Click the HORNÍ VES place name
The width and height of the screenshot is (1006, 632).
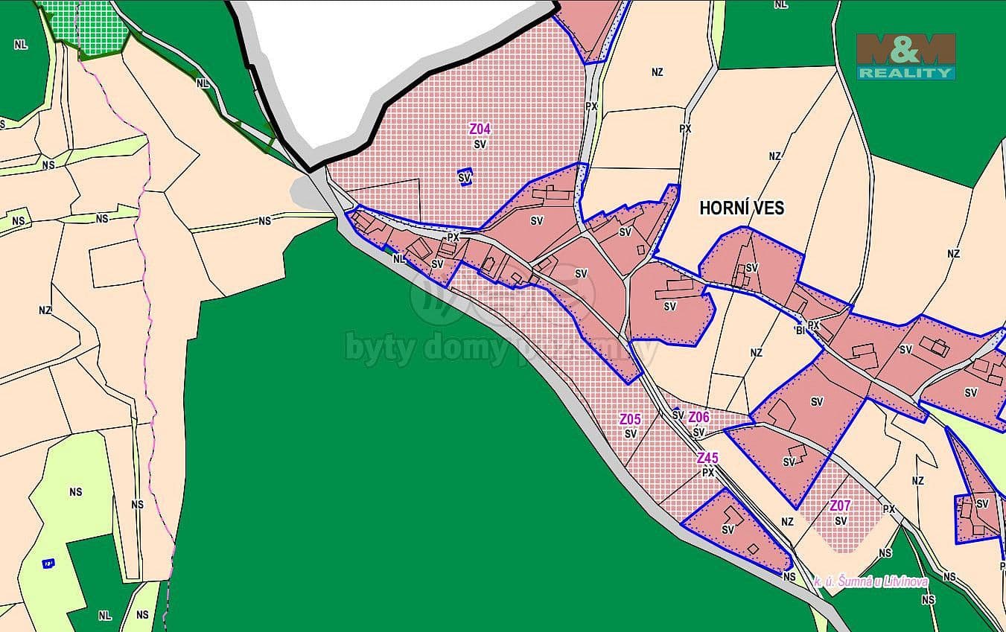click(742, 208)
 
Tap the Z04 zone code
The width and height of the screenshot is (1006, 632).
click(480, 129)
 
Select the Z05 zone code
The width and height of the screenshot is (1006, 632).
click(630, 419)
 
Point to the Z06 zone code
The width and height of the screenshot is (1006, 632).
click(698, 418)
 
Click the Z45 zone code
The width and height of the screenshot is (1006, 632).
click(707, 458)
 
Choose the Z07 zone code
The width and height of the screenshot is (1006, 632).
click(840, 506)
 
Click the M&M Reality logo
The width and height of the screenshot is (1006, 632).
click(905, 57)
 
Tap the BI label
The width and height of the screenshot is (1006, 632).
click(800, 329)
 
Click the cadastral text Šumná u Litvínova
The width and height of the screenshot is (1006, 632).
click(871, 581)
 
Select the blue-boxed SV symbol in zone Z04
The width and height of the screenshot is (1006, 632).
click(465, 177)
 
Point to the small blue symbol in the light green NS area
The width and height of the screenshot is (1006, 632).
click(49, 563)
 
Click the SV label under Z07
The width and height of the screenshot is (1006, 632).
click(841, 520)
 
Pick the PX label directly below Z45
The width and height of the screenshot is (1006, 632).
click(708, 472)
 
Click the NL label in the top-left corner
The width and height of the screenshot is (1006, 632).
click(20, 45)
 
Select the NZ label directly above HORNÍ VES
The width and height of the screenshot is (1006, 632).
click(775, 156)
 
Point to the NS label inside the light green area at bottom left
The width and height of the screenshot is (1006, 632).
click(75, 492)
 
